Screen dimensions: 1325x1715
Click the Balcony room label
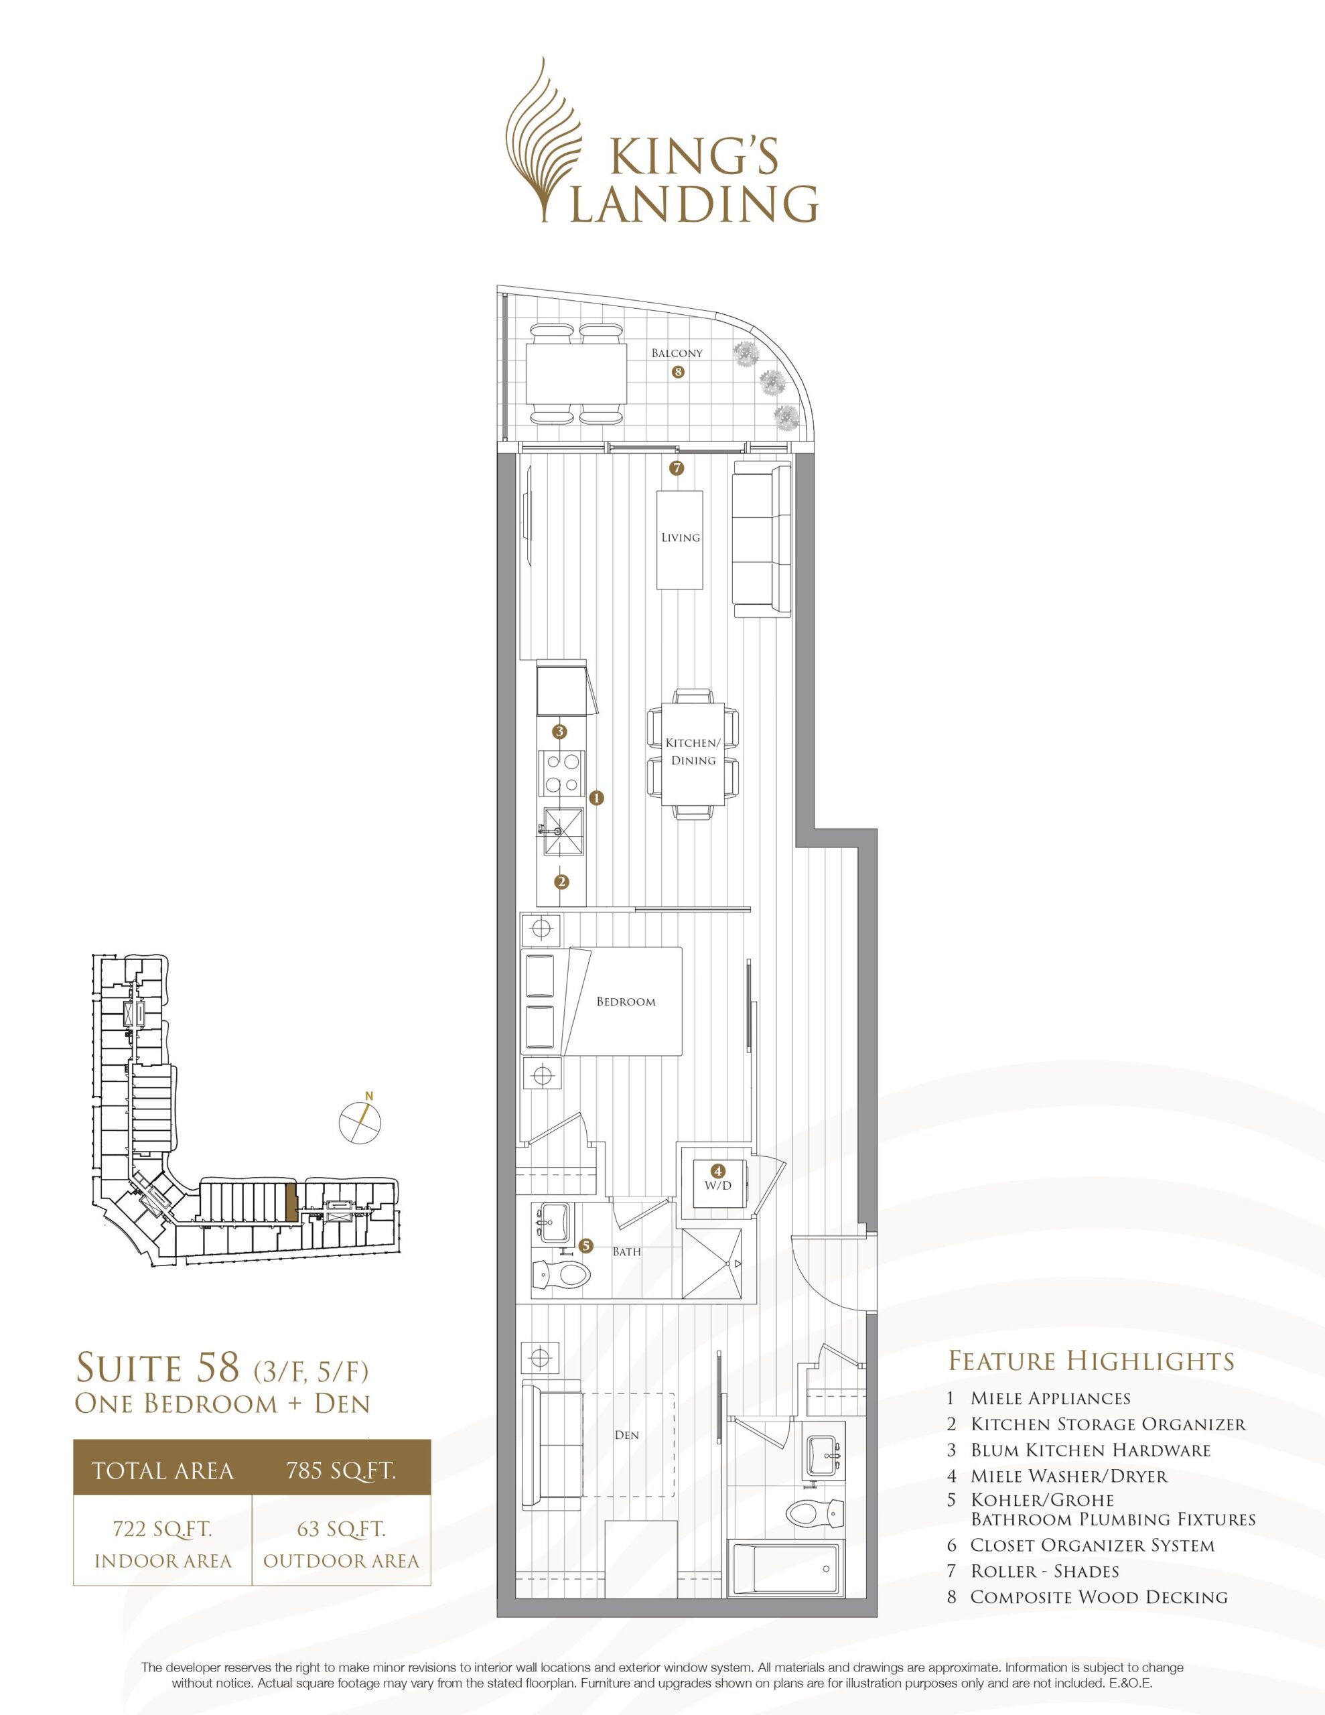coord(677,353)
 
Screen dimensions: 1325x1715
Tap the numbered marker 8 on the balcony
coord(678,373)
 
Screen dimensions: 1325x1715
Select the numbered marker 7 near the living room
coord(677,469)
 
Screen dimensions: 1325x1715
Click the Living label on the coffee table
coord(680,538)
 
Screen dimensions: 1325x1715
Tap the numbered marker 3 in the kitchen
coord(560,732)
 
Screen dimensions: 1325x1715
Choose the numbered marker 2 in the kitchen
coord(561,881)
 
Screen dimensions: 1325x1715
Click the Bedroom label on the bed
coord(626,1002)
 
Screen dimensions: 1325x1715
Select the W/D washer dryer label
coord(717,1185)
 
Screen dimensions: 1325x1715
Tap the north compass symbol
coord(359,1122)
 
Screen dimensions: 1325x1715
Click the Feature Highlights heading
coord(1092,1359)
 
